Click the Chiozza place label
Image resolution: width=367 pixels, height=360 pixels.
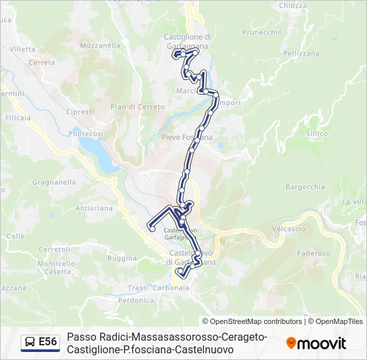point(293,5)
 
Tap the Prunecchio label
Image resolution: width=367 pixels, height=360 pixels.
point(262,32)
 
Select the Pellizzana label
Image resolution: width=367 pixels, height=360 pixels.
point(301,53)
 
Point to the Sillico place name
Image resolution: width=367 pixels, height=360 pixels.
point(317,133)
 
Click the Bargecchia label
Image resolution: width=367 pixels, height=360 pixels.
point(304,187)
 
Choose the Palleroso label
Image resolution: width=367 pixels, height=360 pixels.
point(314,253)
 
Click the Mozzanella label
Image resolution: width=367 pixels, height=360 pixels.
point(99,45)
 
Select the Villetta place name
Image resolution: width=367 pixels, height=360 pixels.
point(23,49)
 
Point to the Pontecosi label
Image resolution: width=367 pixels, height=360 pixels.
point(86,133)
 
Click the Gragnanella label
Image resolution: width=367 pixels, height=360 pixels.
point(54,181)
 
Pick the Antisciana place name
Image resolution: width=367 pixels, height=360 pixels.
point(94,208)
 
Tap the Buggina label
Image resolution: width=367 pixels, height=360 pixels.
point(121,258)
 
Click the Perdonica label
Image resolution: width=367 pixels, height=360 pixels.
point(136,301)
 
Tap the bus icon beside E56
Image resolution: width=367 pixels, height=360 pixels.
point(29,343)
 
